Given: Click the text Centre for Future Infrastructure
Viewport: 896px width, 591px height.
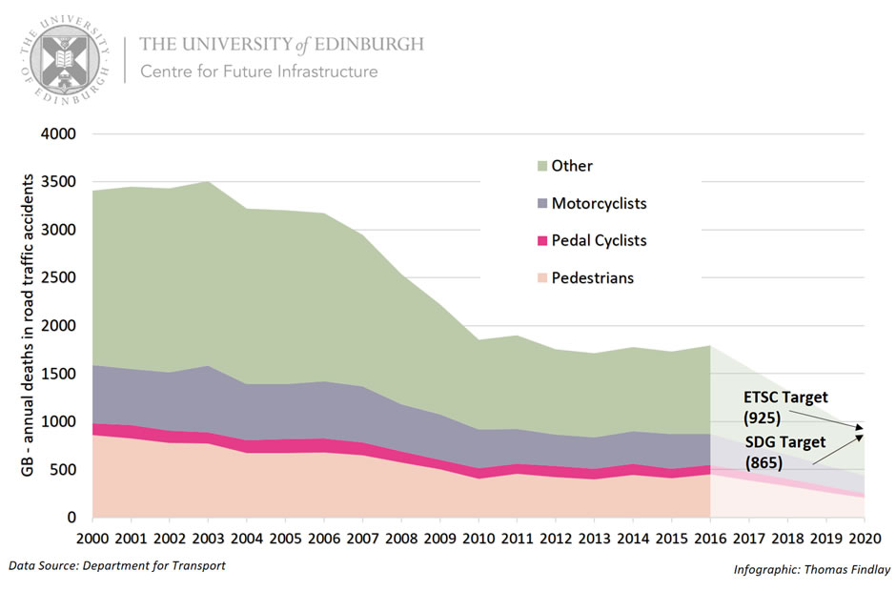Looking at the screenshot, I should tap(258, 71).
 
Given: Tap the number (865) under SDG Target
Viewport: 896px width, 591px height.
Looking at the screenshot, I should tap(763, 464).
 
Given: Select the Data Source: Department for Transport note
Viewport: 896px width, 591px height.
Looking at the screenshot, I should tap(116, 565).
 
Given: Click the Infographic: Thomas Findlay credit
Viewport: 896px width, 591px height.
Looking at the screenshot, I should tap(811, 570).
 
